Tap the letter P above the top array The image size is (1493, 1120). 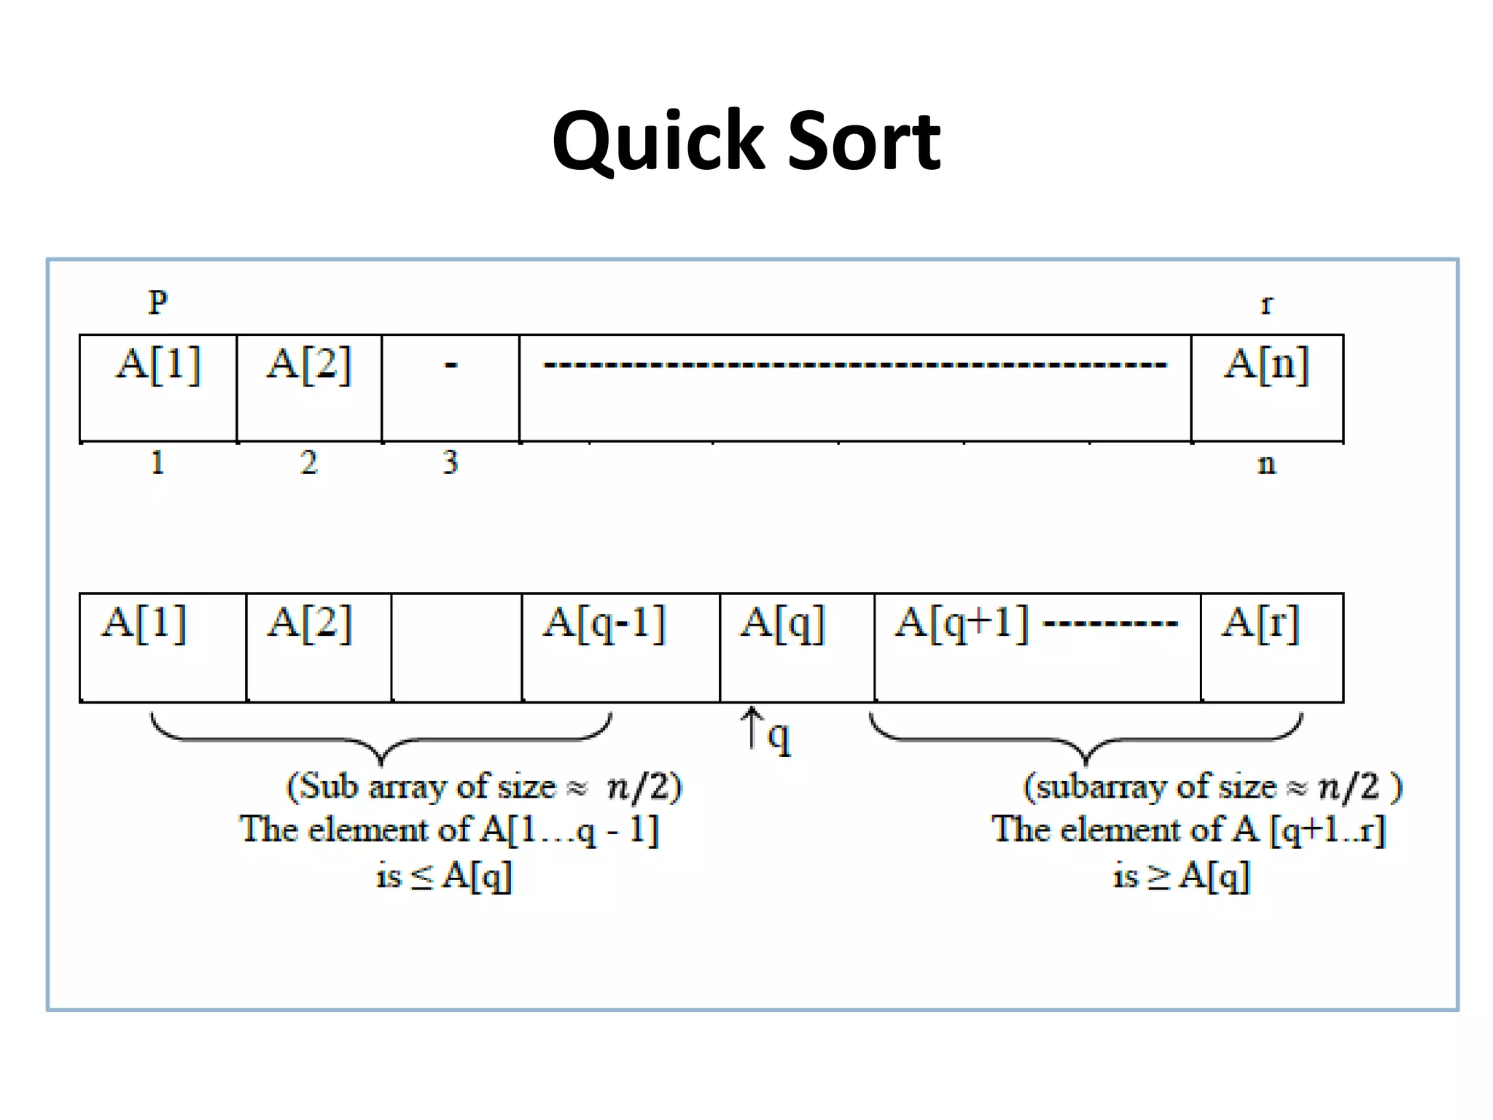click(x=158, y=302)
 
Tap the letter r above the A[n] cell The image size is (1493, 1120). click(x=1266, y=305)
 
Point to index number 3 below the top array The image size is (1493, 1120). click(x=451, y=462)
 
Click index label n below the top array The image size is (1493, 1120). click(x=1266, y=464)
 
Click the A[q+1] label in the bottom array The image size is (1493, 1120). click(x=962, y=624)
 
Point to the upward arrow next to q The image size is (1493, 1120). click(x=752, y=728)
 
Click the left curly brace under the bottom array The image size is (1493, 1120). click(x=381, y=739)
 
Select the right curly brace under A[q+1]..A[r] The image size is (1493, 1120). click(x=1085, y=739)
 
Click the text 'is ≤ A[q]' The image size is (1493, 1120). click(x=444, y=875)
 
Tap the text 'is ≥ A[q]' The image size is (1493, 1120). click(x=1181, y=875)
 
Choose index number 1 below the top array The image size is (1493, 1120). click(x=157, y=462)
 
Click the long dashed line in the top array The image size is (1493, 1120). click(x=854, y=364)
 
